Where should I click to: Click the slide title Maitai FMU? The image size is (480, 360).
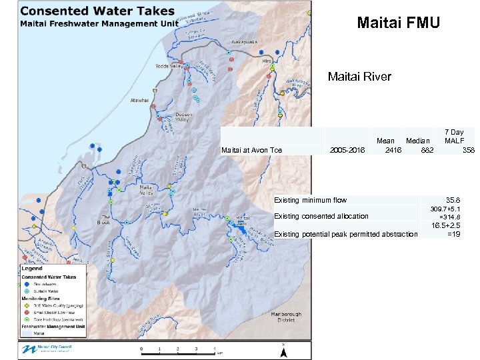click(398, 23)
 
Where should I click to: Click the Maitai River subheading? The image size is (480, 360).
click(359, 77)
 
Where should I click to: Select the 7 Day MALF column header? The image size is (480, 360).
click(454, 137)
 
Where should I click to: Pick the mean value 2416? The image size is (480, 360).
click(393, 150)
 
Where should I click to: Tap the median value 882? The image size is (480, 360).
click(427, 150)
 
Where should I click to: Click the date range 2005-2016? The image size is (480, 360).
click(347, 150)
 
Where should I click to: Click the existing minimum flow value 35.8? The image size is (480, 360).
click(454, 199)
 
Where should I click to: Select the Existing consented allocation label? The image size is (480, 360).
click(321, 216)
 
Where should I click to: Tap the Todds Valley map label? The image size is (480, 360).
click(169, 67)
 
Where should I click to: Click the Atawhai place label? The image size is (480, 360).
click(140, 100)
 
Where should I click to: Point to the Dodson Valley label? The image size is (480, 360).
click(183, 117)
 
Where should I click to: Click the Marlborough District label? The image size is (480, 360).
click(286, 317)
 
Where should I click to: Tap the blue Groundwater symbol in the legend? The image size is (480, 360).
click(27, 284)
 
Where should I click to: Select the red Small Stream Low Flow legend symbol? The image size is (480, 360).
click(27, 312)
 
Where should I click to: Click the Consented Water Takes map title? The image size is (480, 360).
click(97, 11)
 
